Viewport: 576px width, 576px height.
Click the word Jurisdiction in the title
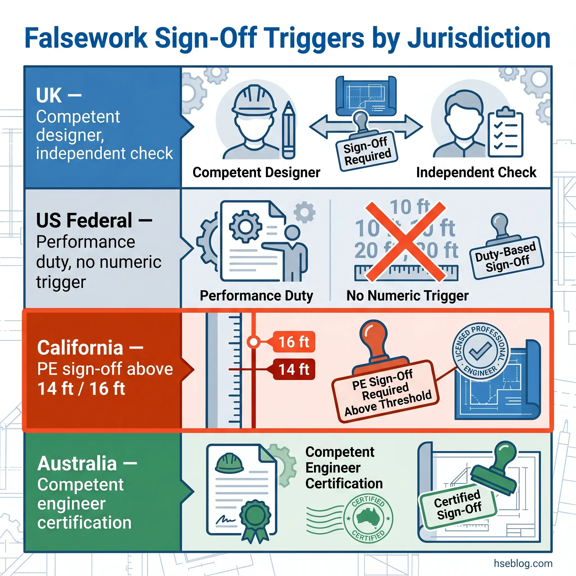click(x=478, y=38)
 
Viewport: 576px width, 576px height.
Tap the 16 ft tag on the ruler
click(x=293, y=342)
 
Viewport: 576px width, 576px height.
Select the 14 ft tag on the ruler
click(x=293, y=369)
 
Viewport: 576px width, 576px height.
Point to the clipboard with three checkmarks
click(x=506, y=133)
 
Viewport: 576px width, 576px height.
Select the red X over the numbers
click(x=406, y=242)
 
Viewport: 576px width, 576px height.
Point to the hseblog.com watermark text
click(x=523, y=563)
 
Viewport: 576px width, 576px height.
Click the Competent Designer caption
click(x=256, y=172)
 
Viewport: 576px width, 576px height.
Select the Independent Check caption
click(x=476, y=172)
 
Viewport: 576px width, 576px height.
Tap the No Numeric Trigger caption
click(x=407, y=296)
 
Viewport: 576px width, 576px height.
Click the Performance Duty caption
click(x=256, y=296)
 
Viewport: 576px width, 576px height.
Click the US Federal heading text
click(x=84, y=220)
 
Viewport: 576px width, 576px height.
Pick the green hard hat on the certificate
click(x=229, y=463)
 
